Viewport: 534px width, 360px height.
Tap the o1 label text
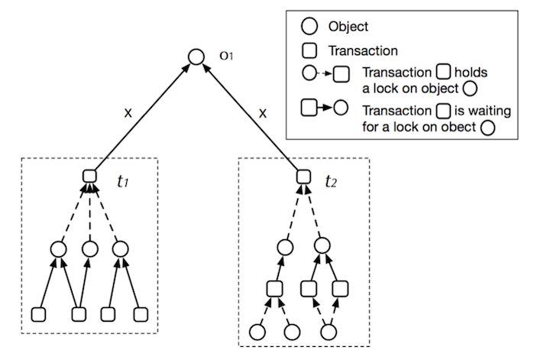coord(226,56)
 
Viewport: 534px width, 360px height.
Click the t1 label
coord(122,181)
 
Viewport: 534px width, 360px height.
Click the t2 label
coord(331,181)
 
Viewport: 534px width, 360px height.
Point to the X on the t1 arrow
coord(128,112)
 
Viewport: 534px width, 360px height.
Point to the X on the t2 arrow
coord(263,113)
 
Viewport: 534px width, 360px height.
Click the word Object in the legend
coord(348,27)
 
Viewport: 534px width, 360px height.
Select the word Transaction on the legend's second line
coord(363,50)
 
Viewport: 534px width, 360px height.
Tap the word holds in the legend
coord(471,72)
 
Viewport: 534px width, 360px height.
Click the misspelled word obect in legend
coord(458,127)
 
